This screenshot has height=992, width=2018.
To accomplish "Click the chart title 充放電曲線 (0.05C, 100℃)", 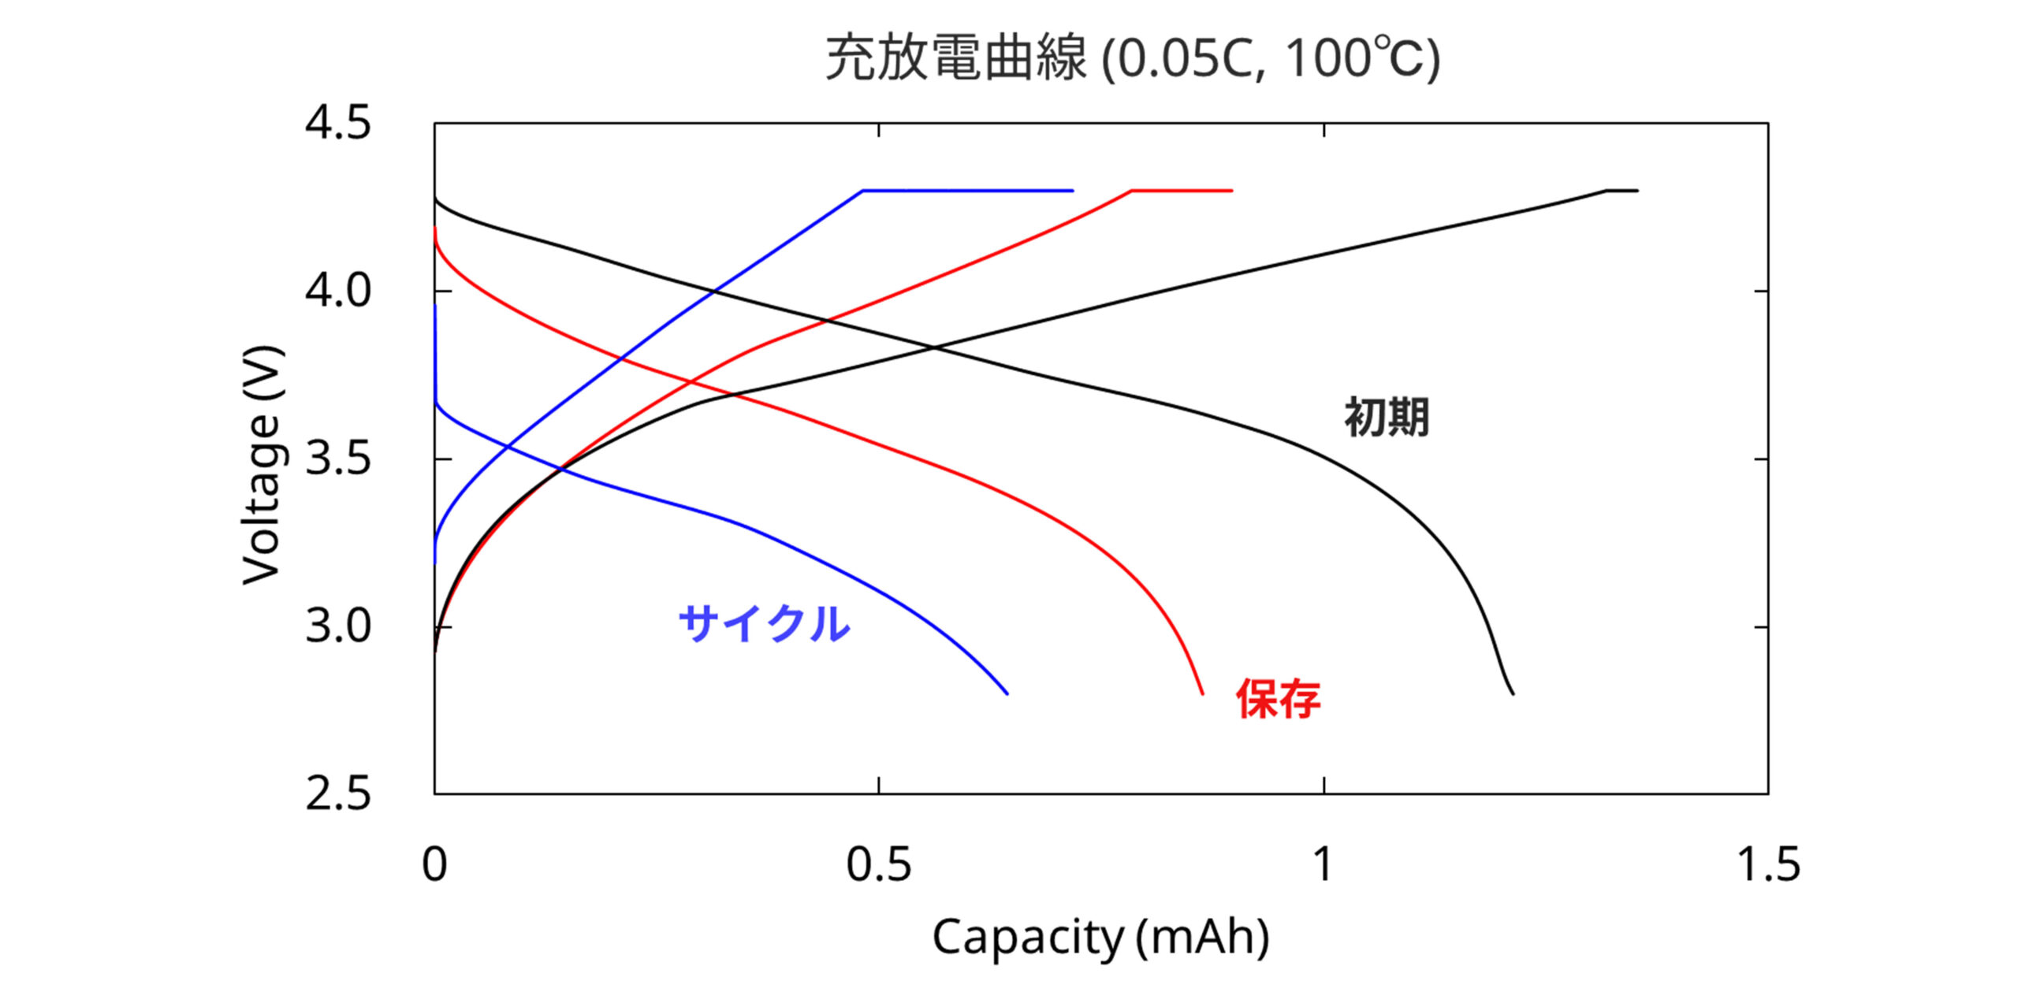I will (x=1133, y=59).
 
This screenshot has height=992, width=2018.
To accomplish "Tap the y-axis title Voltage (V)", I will (x=262, y=465).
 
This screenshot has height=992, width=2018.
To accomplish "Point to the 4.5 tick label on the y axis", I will (x=337, y=124).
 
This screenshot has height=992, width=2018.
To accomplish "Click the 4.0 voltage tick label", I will (x=337, y=291).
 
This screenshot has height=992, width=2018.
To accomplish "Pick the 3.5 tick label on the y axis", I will (x=337, y=459).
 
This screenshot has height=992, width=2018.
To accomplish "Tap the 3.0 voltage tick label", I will (x=337, y=626).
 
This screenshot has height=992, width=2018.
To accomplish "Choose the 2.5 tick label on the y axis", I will (x=337, y=794).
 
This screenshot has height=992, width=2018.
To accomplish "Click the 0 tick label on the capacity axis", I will (x=434, y=864).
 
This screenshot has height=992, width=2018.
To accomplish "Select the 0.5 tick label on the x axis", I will (x=878, y=864).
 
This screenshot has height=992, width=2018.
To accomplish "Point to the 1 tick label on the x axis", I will (x=1323, y=864).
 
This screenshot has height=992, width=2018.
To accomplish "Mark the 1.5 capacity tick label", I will (x=1768, y=864).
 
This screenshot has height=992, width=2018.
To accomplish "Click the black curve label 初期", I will (x=1387, y=417).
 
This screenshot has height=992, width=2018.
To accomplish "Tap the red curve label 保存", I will (x=1278, y=698).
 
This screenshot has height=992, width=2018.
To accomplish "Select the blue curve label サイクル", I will (x=764, y=624).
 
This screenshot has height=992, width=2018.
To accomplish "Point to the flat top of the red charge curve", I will (x=1182, y=191).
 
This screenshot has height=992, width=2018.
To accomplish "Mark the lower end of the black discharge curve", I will (x=1513, y=693).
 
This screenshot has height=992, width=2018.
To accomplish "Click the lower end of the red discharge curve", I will (x=1202, y=693).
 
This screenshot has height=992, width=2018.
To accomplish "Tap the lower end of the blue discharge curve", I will (x=1007, y=693).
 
